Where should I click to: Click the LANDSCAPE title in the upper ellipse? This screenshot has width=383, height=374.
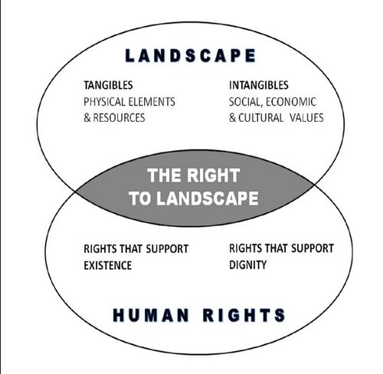(x=191, y=55)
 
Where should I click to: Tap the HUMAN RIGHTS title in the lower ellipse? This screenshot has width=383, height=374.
(x=199, y=315)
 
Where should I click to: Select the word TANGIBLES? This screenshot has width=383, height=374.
(x=108, y=85)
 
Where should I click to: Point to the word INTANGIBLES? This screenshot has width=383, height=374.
(x=259, y=85)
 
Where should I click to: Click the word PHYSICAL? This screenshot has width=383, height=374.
(x=105, y=102)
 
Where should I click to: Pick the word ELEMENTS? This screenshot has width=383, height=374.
(x=152, y=102)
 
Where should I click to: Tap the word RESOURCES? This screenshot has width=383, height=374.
(x=119, y=118)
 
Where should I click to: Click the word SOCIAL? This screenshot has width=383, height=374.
(x=246, y=102)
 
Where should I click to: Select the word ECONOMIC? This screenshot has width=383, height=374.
(x=291, y=102)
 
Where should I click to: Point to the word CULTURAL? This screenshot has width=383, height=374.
(x=260, y=118)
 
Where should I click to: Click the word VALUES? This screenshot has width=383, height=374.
(x=306, y=118)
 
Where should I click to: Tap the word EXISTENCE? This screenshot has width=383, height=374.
(x=108, y=266)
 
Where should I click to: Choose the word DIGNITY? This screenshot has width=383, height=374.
(x=247, y=265)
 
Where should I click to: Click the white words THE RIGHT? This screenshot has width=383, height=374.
(x=193, y=176)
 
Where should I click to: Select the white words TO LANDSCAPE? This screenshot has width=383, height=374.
(x=194, y=198)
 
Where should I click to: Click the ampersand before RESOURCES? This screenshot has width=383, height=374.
(x=87, y=118)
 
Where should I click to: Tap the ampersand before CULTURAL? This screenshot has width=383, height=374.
(x=232, y=118)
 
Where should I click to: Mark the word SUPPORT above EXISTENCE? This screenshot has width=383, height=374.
(x=167, y=249)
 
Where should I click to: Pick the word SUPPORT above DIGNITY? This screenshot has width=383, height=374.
(x=313, y=248)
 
